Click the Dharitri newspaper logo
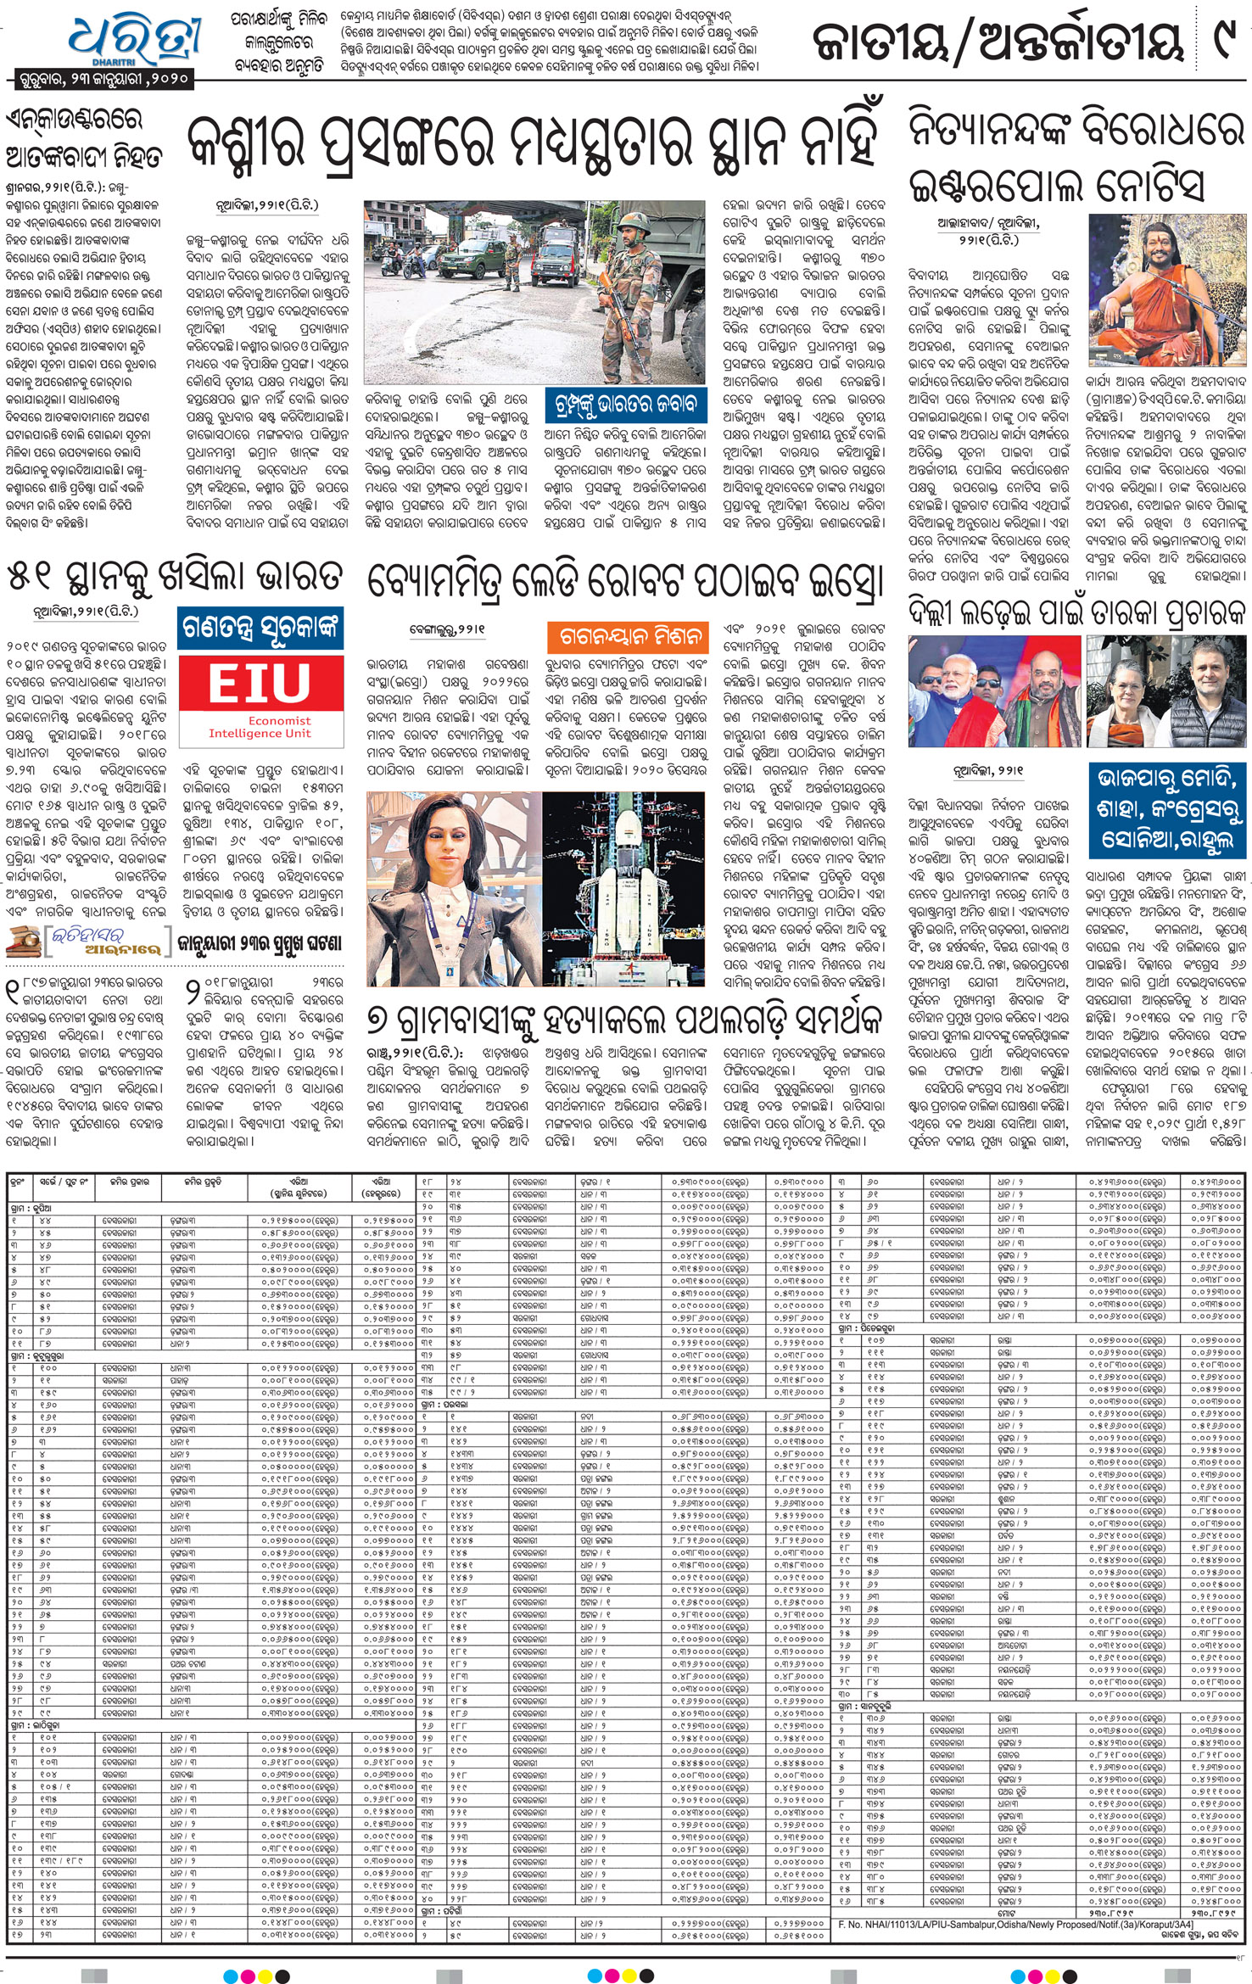[x=136, y=38]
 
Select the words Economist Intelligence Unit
[x=260, y=727]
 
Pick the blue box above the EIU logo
[x=260, y=629]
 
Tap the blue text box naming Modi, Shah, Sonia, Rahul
[x=1166, y=809]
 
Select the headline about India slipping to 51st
[x=175, y=576]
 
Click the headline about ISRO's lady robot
[x=624, y=584]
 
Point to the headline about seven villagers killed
[x=625, y=1020]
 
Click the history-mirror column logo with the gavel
[x=85, y=942]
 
